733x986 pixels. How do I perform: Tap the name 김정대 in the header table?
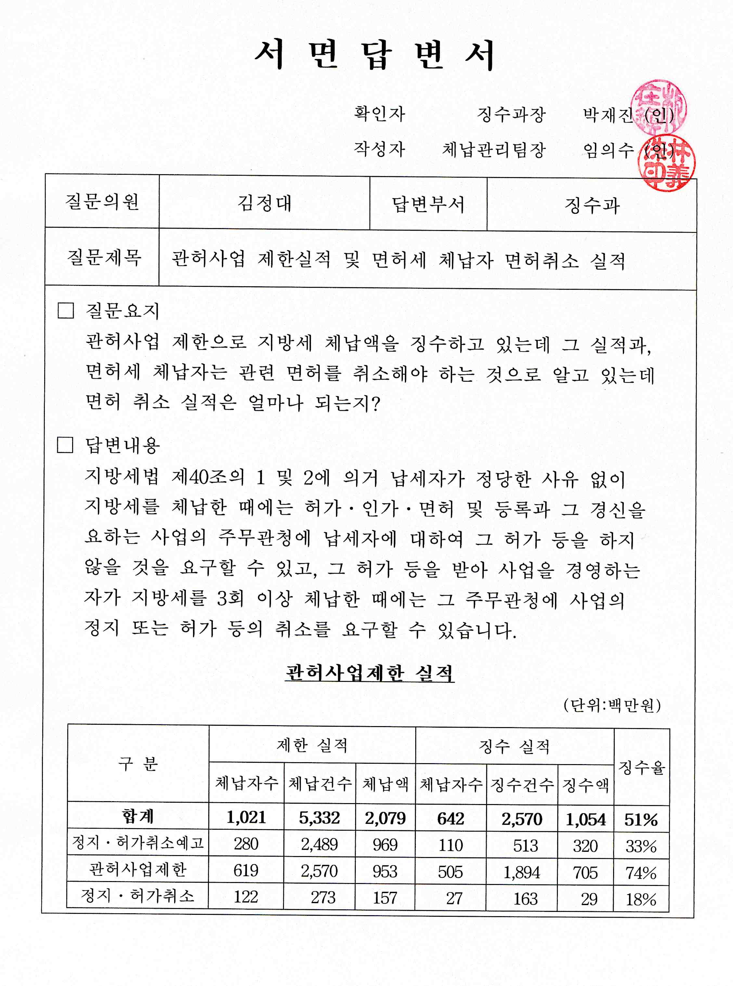tap(264, 203)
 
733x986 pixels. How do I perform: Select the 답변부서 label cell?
tap(428, 204)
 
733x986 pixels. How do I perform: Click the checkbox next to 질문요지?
tap(66, 311)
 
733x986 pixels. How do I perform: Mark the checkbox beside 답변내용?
tap(65, 444)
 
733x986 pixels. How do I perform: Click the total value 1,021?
tap(246, 817)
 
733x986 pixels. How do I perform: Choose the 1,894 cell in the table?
tap(522, 872)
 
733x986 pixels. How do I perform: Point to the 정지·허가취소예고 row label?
tap(138, 842)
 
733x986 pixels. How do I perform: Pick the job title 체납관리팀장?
tap(494, 150)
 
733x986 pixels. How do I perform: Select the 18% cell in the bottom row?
tap(641, 899)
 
